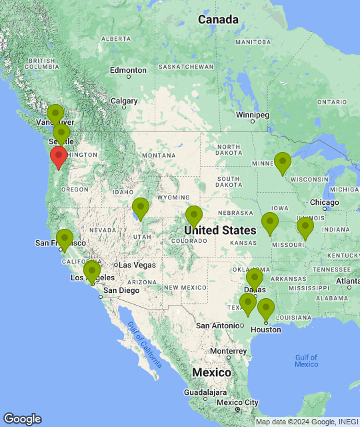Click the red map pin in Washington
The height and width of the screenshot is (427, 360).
click(x=59, y=157)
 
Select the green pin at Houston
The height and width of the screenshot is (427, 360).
click(x=266, y=309)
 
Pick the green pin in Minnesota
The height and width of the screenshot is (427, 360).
click(x=283, y=163)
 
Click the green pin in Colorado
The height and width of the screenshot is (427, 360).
click(x=193, y=216)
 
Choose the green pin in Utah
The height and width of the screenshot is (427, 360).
click(x=140, y=208)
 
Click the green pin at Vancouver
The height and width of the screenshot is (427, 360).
click(x=55, y=115)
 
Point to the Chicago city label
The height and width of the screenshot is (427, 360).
click(x=325, y=202)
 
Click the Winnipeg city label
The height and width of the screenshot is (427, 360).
click(x=253, y=115)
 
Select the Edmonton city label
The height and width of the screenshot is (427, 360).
click(x=128, y=70)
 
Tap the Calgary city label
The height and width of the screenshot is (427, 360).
click(x=124, y=101)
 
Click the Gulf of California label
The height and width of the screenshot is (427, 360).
click(x=143, y=344)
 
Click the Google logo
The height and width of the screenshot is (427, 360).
click(x=22, y=419)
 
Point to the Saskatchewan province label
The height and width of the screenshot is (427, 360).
click(x=187, y=67)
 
